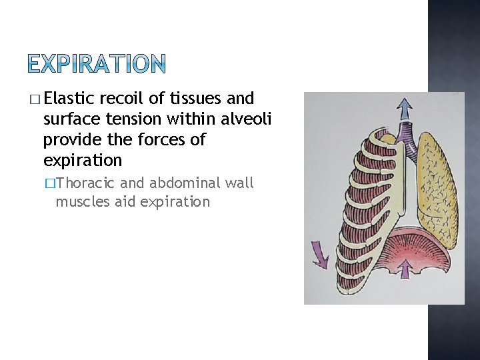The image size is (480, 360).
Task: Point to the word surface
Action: (69, 119)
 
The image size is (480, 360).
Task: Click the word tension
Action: (127, 119)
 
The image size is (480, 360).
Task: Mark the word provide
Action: (69, 140)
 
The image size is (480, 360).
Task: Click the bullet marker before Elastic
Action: (35, 100)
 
